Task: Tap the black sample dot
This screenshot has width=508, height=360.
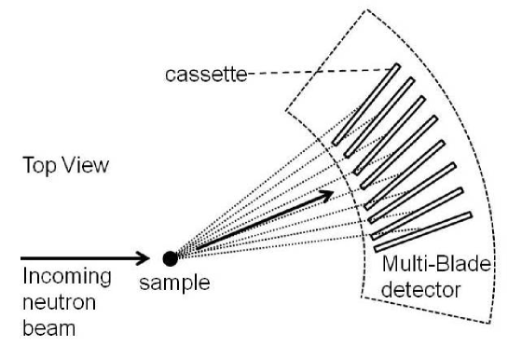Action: click(x=170, y=257)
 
